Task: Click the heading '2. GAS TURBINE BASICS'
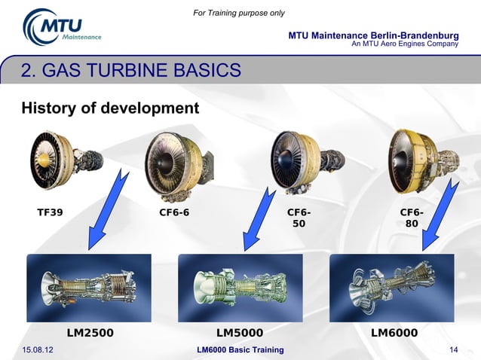(x=131, y=72)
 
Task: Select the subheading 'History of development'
(x=110, y=108)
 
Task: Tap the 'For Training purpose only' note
(x=240, y=13)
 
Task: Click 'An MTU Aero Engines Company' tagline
(x=405, y=44)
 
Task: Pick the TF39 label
(x=51, y=212)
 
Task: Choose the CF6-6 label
(x=174, y=212)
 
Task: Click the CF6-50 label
(x=299, y=218)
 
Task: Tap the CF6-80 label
(x=412, y=218)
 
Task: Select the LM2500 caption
(x=90, y=332)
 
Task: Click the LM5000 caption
(x=240, y=332)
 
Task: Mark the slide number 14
(x=454, y=350)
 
